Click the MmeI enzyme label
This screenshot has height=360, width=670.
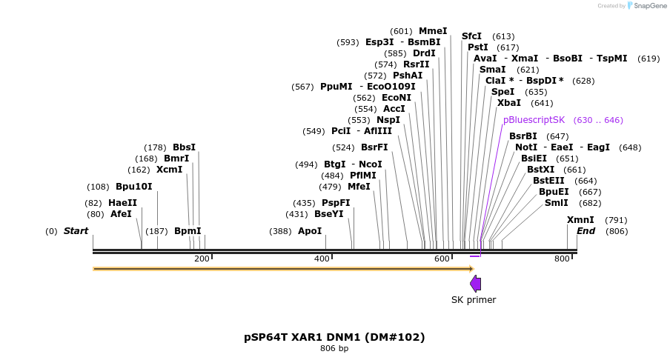click(x=433, y=31)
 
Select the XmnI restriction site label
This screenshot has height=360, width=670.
click(x=580, y=220)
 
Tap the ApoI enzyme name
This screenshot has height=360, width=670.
click(x=310, y=231)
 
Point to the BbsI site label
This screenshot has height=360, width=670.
click(x=184, y=147)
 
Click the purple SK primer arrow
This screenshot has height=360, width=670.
click(x=476, y=283)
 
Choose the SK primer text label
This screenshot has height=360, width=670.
click(x=474, y=300)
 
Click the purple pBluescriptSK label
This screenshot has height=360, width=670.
click(x=534, y=120)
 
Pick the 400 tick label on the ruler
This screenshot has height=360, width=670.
click(x=322, y=259)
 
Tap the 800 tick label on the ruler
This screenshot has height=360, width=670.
click(x=562, y=259)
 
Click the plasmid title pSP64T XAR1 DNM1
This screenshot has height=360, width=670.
click(x=334, y=337)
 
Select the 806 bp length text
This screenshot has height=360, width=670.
click(x=334, y=348)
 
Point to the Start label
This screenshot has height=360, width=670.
click(x=76, y=231)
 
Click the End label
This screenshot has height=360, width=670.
click(x=586, y=231)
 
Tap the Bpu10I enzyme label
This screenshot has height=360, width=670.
click(x=133, y=187)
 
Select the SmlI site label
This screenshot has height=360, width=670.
click(x=557, y=203)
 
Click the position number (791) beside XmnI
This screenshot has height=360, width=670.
click(x=616, y=220)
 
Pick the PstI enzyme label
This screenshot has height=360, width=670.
click(x=478, y=47)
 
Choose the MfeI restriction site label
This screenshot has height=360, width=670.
click(x=359, y=187)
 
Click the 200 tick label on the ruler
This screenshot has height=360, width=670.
click(x=202, y=259)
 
